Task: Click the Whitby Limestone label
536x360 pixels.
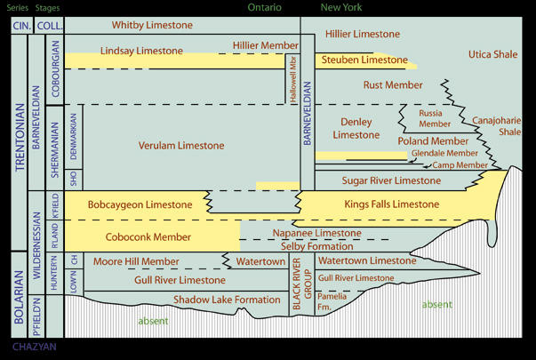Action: (152, 25)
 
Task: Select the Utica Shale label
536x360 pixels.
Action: (493, 54)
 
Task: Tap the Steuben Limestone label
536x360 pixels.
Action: (364, 60)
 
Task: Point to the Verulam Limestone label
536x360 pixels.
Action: (181, 146)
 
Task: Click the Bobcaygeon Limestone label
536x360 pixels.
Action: (140, 204)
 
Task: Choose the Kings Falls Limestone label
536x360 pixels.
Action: (392, 204)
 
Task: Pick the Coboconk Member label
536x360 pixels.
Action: (148, 237)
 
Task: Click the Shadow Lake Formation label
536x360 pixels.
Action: (227, 300)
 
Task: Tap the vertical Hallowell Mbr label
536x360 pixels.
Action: (293, 79)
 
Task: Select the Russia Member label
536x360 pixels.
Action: (435, 118)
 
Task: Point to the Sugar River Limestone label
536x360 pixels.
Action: (391, 180)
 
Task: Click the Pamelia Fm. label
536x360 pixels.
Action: (332, 301)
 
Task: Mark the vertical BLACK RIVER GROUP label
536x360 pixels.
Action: (301, 284)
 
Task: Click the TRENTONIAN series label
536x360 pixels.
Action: (20, 138)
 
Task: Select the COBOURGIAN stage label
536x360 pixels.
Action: (55, 68)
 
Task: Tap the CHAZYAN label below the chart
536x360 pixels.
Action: (35, 347)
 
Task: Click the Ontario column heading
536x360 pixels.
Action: (265, 7)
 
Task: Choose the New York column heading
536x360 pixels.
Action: (341, 7)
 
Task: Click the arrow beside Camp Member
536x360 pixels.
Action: (427, 166)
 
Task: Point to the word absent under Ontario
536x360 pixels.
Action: (153, 321)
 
